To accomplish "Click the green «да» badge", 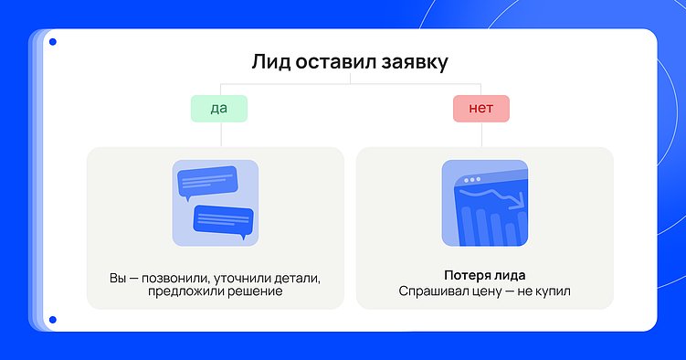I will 219,109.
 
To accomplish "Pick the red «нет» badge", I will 480,109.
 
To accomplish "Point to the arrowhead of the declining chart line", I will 519,204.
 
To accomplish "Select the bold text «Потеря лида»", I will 484,275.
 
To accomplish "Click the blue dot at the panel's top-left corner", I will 53,42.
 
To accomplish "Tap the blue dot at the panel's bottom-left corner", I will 53,320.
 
